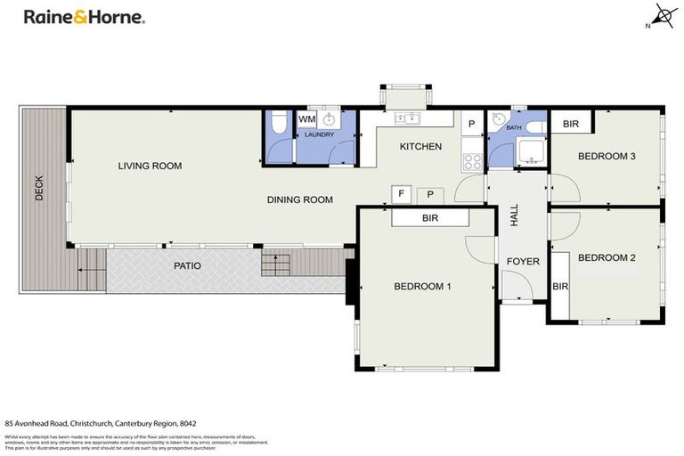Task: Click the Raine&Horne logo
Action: [x=84, y=17]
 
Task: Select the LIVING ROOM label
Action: [x=151, y=166]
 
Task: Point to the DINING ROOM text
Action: [x=300, y=200]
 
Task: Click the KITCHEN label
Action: [x=420, y=147]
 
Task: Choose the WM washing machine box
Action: [x=307, y=119]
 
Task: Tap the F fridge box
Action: [x=402, y=194]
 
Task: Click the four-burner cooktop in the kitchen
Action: [x=472, y=162]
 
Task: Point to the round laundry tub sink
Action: [x=330, y=120]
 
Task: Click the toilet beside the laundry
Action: [x=277, y=126]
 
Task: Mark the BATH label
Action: [x=515, y=128]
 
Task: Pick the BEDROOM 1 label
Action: [x=423, y=287]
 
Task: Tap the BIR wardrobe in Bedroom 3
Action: [x=572, y=124]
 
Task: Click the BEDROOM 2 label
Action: [x=607, y=258]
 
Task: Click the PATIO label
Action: [x=187, y=266]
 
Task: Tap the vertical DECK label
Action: [x=39, y=188]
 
